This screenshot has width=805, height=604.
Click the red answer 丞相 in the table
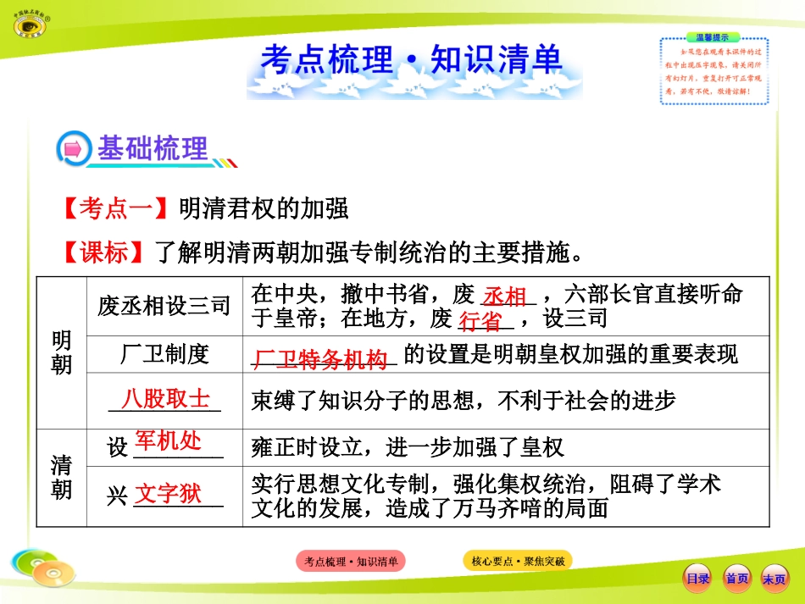(x=506, y=296)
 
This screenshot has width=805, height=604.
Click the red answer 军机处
(x=169, y=441)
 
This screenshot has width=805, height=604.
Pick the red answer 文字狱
(x=169, y=493)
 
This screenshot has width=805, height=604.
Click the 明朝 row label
(x=62, y=352)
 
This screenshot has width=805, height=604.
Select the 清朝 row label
(x=62, y=477)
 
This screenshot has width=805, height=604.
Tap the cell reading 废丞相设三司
(x=164, y=306)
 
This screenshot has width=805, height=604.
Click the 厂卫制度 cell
(x=164, y=354)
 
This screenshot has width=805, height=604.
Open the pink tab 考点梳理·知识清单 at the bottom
(x=351, y=561)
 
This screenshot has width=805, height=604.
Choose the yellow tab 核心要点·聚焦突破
(x=517, y=561)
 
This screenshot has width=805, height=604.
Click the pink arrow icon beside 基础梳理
(x=74, y=149)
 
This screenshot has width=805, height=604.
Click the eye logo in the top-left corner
(x=31, y=23)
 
